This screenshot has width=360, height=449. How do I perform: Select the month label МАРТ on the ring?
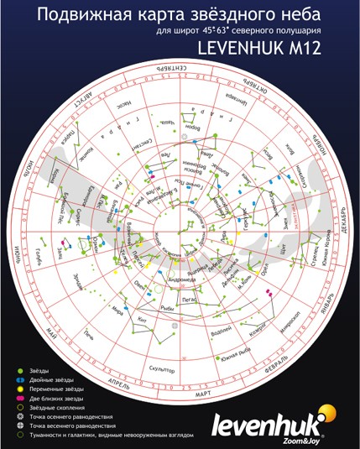pos(180,393)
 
